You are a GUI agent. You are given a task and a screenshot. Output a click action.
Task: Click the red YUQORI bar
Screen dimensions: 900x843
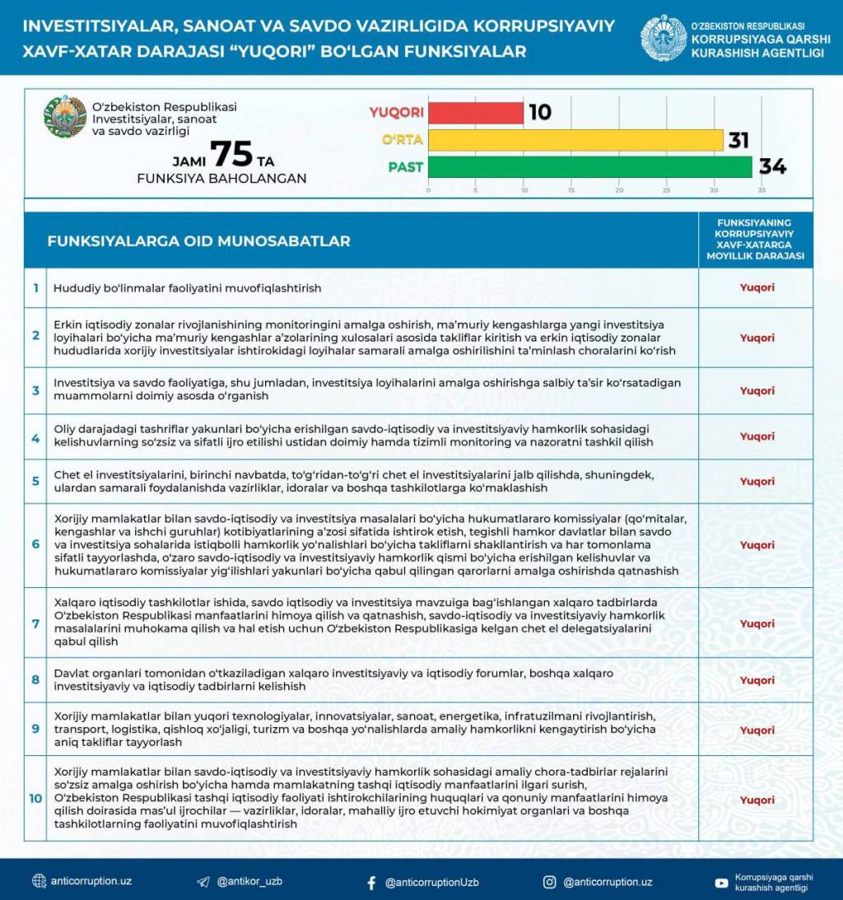click(x=475, y=113)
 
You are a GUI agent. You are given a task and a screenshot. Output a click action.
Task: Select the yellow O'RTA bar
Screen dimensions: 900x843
click(x=575, y=140)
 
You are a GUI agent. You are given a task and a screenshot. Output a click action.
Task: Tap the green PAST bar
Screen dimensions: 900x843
click(x=589, y=167)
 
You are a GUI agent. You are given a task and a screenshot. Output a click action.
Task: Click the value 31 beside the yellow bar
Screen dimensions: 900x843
click(x=738, y=140)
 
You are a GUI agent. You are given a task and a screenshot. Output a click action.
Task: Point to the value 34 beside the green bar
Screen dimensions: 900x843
click(x=772, y=167)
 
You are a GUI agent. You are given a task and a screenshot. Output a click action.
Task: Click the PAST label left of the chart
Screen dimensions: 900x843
click(x=405, y=167)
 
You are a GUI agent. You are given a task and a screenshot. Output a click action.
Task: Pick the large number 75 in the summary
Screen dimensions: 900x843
click(x=231, y=154)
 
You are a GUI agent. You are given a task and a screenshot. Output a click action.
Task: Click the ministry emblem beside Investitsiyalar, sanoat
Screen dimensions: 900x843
click(x=65, y=118)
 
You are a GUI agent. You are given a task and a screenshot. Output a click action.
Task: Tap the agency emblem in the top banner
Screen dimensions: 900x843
click(x=664, y=38)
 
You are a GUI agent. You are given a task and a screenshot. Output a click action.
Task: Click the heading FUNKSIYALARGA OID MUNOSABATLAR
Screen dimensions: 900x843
click(x=198, y=241)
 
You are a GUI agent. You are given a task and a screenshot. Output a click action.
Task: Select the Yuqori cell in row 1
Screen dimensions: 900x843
click(x=757, y=288)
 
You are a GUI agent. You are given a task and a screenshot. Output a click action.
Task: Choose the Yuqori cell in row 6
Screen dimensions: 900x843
click(x=757, y=545)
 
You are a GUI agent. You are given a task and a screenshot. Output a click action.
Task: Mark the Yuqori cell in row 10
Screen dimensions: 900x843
click(x=757, y=800)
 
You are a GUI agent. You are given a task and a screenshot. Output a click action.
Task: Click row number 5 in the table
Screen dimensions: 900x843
click(x=35, y=481)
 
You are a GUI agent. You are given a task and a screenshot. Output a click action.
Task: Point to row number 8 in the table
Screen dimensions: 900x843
click(x=35, y=680)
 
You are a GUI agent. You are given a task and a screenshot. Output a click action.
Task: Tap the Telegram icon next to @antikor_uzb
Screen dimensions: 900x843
click(x=203, y=882)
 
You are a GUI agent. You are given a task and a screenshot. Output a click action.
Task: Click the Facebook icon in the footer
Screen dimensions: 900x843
click(x=371, y=883)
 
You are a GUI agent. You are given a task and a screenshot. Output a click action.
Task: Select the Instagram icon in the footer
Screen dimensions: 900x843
click(x=549, y=882)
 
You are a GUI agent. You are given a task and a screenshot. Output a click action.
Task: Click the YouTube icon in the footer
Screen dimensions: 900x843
click(x=721, y=883)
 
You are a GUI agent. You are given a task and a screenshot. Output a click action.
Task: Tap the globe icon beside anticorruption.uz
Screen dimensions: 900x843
click(x=39, y=881)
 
